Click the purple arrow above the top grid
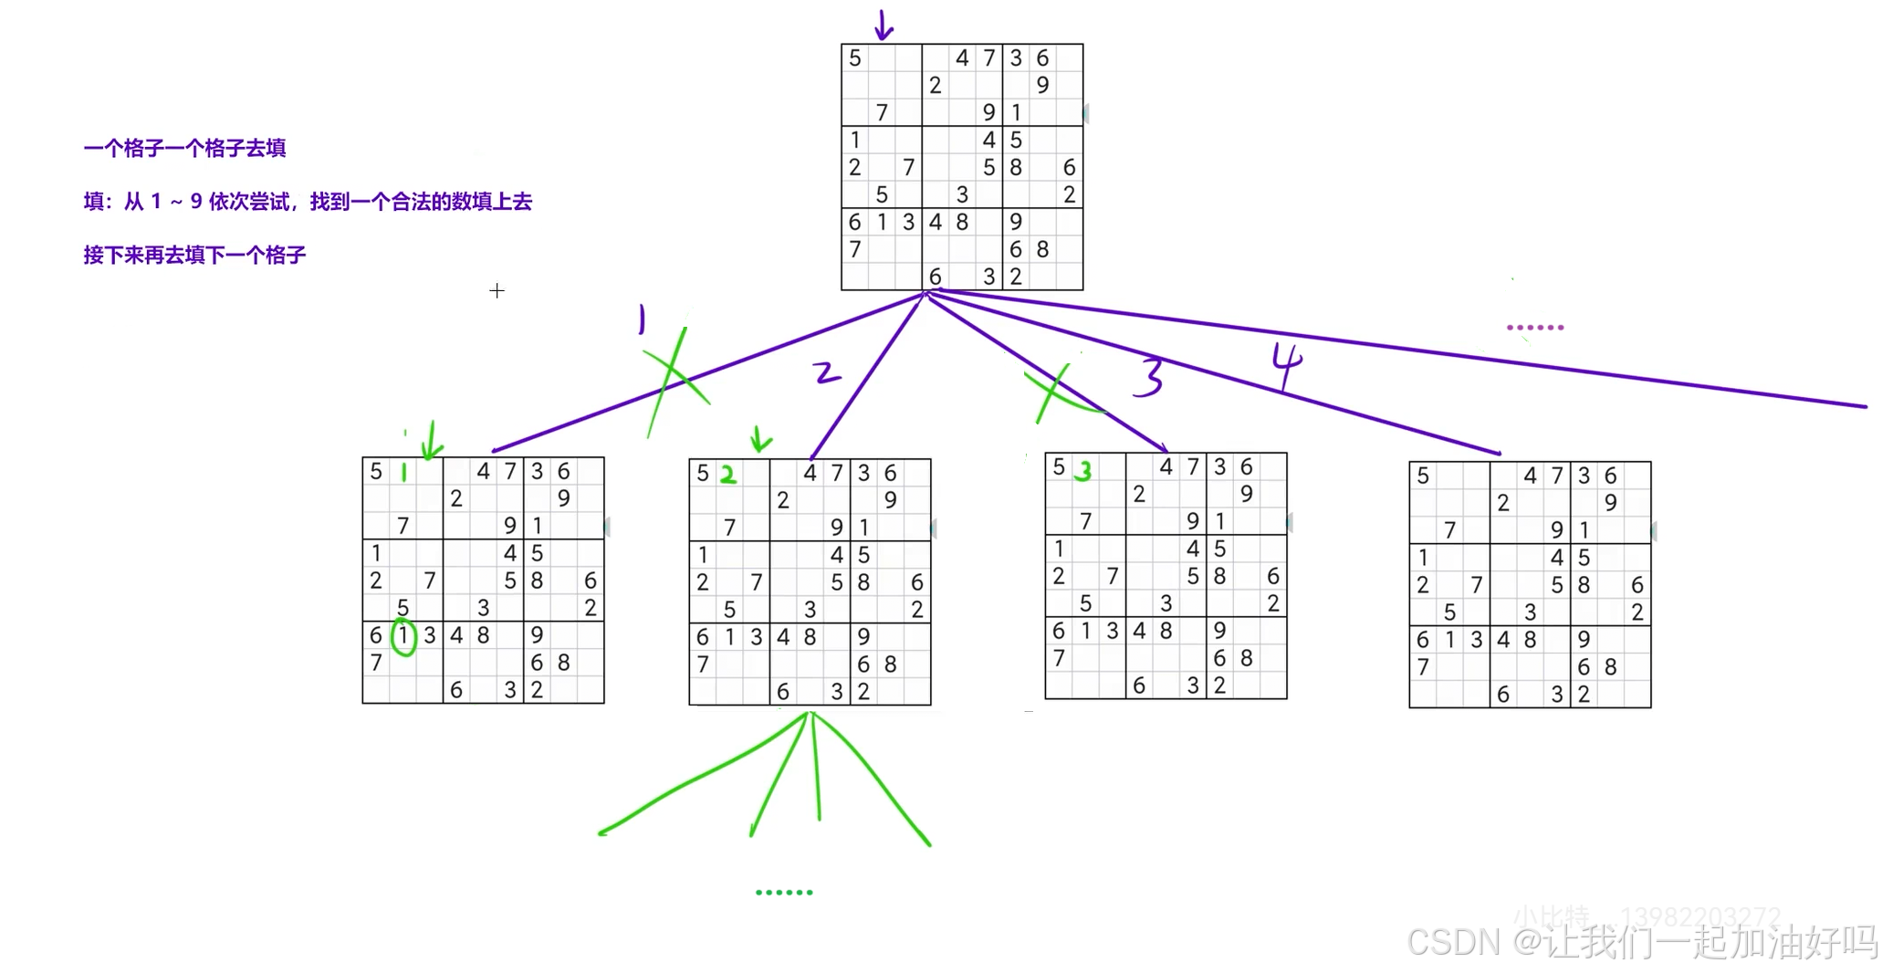pos(883,26)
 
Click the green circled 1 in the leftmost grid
pos(403,636)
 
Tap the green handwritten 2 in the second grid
pos(727,475)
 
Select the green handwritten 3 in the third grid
pos(1083,471)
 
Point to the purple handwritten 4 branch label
pos(1287,365)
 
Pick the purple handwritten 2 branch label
pos(826,372)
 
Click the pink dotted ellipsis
pos(1535,327)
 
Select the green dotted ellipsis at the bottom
pos(784,892)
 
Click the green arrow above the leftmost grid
pos(431,440)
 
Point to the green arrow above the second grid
pos(759,439)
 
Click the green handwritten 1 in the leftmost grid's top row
pos(403,472)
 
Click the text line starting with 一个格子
pos(184,148)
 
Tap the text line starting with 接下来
pos(194,255)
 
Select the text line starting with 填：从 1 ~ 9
pos(308,202)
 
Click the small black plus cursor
pos(497,290)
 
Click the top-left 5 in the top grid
pos(855,58)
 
